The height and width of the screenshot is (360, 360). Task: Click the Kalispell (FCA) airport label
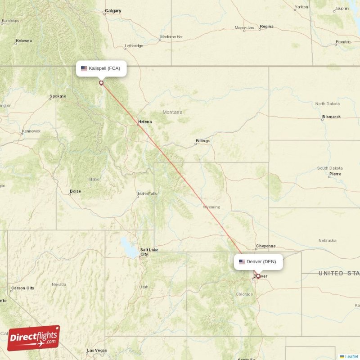pos(101,68)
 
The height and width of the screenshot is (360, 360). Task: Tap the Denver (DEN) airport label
pos(258,261)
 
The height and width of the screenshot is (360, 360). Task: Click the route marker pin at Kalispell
pos(101,83)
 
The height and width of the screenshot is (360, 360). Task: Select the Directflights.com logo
pos(34,338)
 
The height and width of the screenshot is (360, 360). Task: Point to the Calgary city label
pos(113,10)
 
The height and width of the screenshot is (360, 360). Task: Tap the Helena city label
pos(145,121)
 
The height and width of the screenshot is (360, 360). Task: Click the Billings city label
pos(202,141)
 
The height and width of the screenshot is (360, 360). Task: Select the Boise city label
pos(76,191)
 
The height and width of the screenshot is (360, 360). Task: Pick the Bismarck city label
pos(331,117)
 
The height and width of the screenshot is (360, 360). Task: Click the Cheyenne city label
pos(265,246)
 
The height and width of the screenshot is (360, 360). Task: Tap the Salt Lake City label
pos(148,252)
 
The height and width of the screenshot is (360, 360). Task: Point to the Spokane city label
pos(58,96)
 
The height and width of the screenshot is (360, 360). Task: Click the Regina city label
pos(266,27)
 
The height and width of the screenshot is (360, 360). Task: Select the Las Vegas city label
pos(97,351)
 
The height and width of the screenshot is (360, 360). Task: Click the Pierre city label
pos(335,174)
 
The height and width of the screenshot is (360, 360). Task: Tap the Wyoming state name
pos(211,207)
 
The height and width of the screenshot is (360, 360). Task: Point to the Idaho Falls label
pos(148,194)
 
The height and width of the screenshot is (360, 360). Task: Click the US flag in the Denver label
pos(242,261)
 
